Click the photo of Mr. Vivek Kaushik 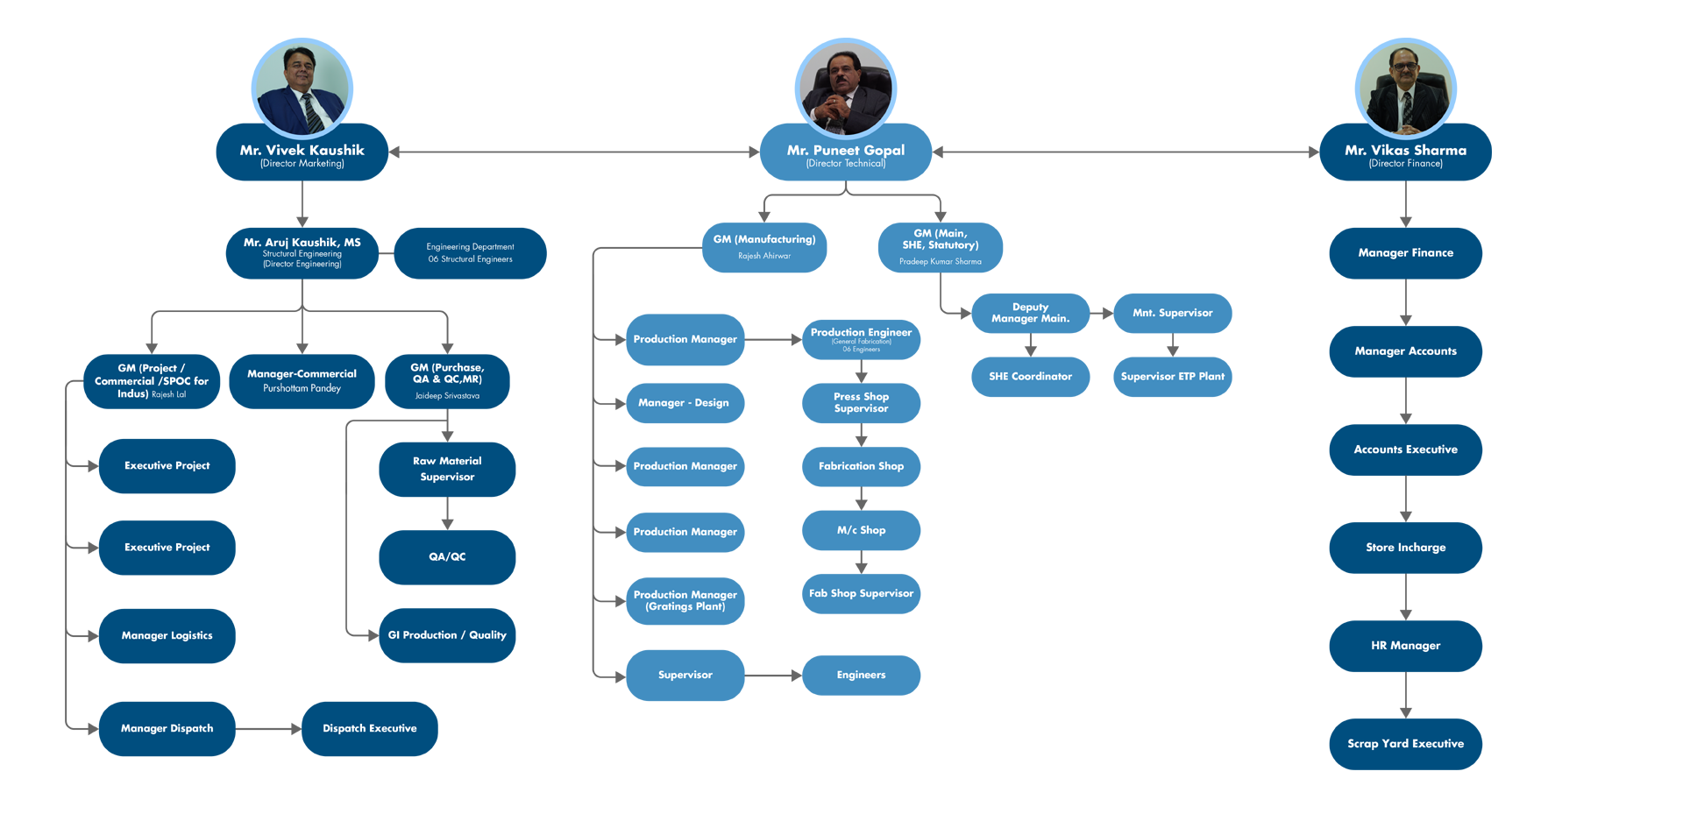(303, 88)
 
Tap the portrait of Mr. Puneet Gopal (846, 88)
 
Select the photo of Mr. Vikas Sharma (1405, 88)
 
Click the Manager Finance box (1405, 253)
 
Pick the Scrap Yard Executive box (1405, 744)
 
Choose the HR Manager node (1405, 646)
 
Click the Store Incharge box (1405, 548)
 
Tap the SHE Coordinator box (1030, 377)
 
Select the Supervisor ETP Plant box (1172, 377)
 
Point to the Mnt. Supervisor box (1172, 313)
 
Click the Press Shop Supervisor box (861, 403)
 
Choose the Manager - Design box (684, 403)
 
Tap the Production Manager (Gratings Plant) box (685, 601)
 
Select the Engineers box (861, 676)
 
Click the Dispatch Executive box (369, 729)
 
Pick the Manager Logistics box (167, 636)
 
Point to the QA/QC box (447, 557)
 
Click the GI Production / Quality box (447, 635)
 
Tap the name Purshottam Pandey (302, 388)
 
